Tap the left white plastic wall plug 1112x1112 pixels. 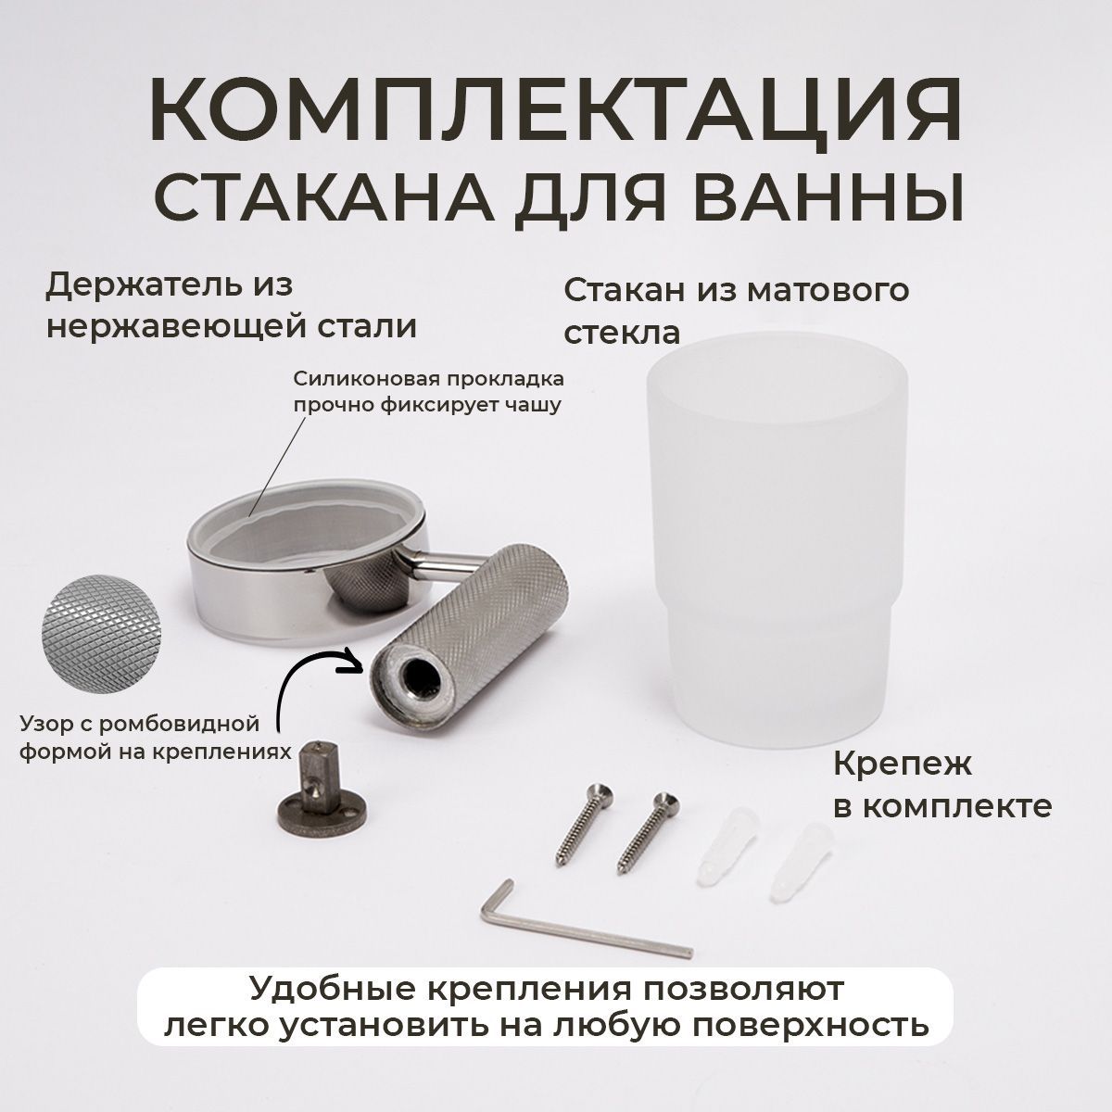[717, 845]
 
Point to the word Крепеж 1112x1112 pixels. [903, 764]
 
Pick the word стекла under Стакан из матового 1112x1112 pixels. [622, 334]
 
